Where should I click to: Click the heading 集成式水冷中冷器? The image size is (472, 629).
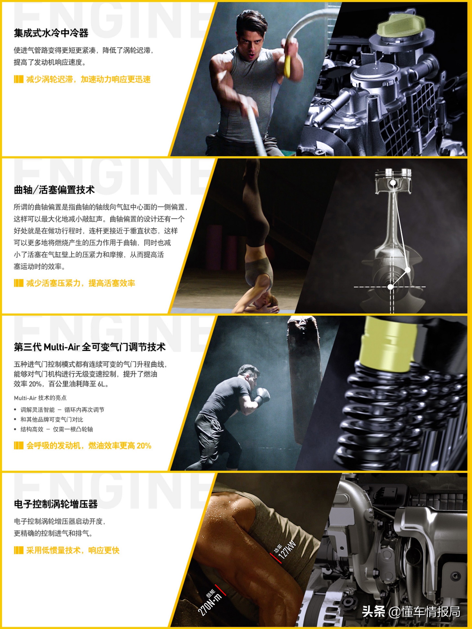(51, 33)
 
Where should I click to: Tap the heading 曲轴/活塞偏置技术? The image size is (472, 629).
(54, 190)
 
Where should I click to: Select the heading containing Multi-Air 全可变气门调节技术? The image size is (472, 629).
(90, 347)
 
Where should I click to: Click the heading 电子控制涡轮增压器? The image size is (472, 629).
(56, 504)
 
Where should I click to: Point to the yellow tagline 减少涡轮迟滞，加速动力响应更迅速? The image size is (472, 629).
(88, 79)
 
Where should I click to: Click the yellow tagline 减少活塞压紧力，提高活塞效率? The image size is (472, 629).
(80, 283)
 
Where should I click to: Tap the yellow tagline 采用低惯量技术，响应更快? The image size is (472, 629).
(73, 550)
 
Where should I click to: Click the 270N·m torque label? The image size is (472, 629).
(211, 603)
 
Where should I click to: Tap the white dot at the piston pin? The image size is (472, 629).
(393, 183)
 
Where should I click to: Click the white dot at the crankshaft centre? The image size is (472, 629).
(391, 287)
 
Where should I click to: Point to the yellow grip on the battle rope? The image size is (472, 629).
(287, 66)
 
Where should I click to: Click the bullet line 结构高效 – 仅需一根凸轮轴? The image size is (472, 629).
(56, 429)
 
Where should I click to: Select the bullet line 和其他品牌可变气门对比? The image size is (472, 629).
(51, 419)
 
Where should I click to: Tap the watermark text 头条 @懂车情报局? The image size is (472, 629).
(411, 611)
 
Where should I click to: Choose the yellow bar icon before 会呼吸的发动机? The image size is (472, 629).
(18, 446)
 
